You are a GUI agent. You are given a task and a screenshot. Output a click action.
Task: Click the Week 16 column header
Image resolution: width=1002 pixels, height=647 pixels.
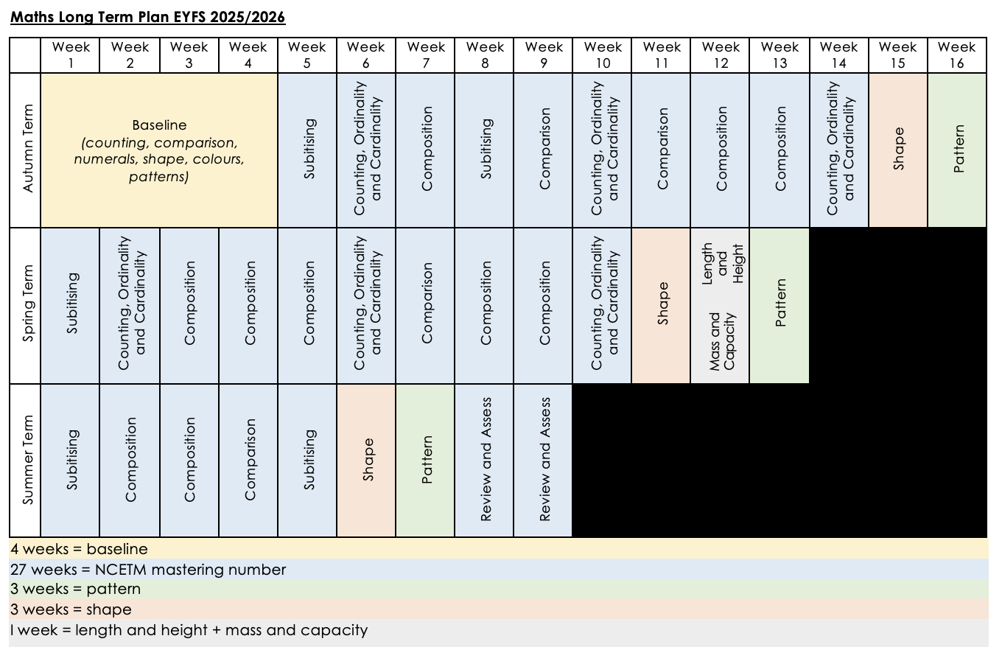956,55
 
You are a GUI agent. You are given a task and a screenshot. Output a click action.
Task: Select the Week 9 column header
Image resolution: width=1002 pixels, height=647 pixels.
544,55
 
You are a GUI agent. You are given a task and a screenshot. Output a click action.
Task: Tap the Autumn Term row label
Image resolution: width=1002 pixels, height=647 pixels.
28,150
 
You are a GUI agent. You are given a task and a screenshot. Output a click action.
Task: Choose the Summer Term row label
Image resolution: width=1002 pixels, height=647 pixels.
28,460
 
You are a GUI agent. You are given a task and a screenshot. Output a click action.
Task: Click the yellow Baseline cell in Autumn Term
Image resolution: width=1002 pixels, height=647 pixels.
159,150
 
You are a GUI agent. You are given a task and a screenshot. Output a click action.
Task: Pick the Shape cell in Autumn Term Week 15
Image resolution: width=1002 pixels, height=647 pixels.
897,150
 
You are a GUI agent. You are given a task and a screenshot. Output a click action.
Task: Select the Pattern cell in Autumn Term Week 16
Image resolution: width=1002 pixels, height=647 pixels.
957,150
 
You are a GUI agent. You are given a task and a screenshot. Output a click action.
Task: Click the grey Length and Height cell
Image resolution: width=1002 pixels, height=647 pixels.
721,264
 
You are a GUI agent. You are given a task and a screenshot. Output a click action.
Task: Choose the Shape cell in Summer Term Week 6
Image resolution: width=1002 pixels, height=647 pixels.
367,460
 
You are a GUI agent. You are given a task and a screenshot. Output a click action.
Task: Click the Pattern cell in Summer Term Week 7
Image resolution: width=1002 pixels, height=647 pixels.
426,460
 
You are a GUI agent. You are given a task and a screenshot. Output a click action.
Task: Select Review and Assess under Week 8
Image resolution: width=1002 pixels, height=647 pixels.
485,460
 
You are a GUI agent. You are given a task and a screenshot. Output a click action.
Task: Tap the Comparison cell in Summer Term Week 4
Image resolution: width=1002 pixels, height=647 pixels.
249,460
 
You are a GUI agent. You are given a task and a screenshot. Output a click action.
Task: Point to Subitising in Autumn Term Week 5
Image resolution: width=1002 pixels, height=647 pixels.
308,150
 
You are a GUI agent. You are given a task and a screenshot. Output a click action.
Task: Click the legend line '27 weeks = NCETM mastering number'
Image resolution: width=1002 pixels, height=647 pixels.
148,570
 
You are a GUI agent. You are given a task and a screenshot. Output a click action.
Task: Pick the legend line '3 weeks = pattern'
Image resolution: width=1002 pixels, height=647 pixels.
75,590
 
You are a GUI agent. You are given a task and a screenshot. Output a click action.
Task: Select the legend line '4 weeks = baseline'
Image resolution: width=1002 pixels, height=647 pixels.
79,549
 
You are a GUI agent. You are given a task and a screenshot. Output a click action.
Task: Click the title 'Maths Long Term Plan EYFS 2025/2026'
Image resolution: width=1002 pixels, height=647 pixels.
147,17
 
